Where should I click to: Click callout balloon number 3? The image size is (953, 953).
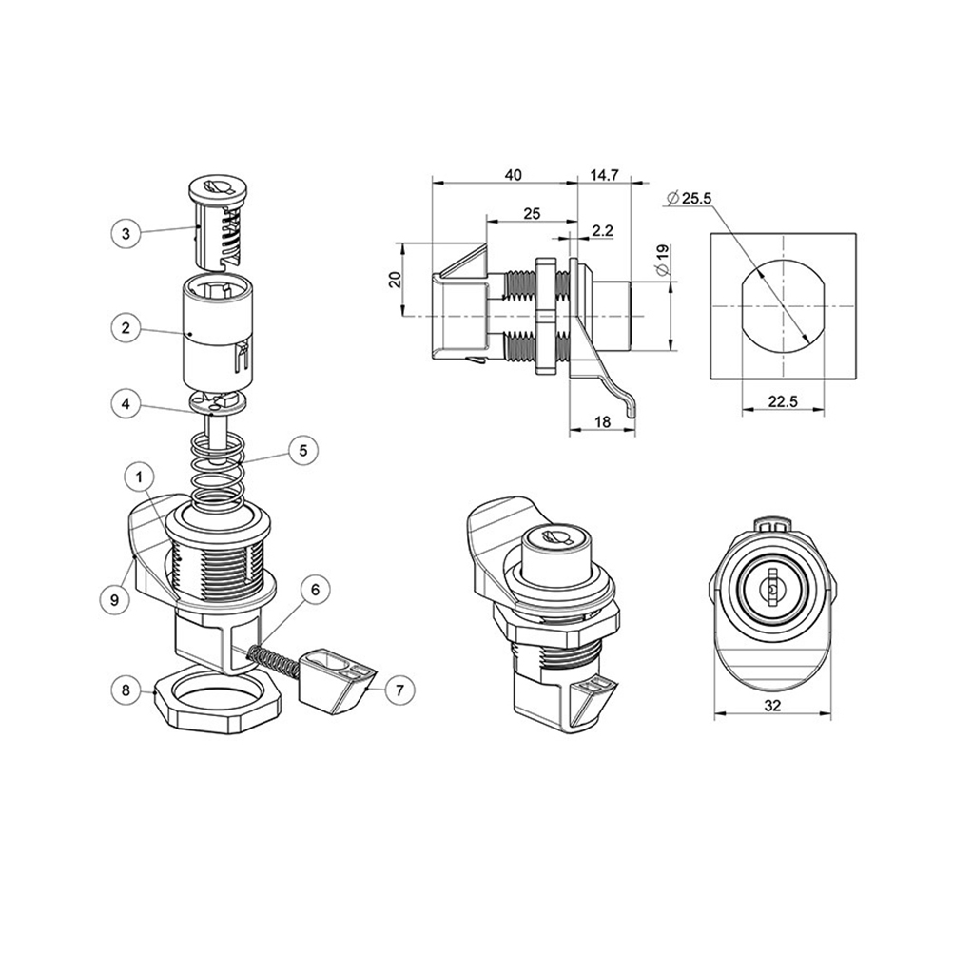126,233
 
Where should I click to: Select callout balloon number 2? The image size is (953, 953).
126,328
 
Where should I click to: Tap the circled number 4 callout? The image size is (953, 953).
126,404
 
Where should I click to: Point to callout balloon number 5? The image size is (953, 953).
303,451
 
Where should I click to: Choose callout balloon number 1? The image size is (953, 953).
140,477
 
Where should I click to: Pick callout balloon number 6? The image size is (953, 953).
315,590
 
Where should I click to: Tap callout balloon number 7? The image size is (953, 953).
399,690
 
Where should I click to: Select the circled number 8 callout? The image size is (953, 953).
126,690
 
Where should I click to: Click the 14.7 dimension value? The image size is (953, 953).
604,175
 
